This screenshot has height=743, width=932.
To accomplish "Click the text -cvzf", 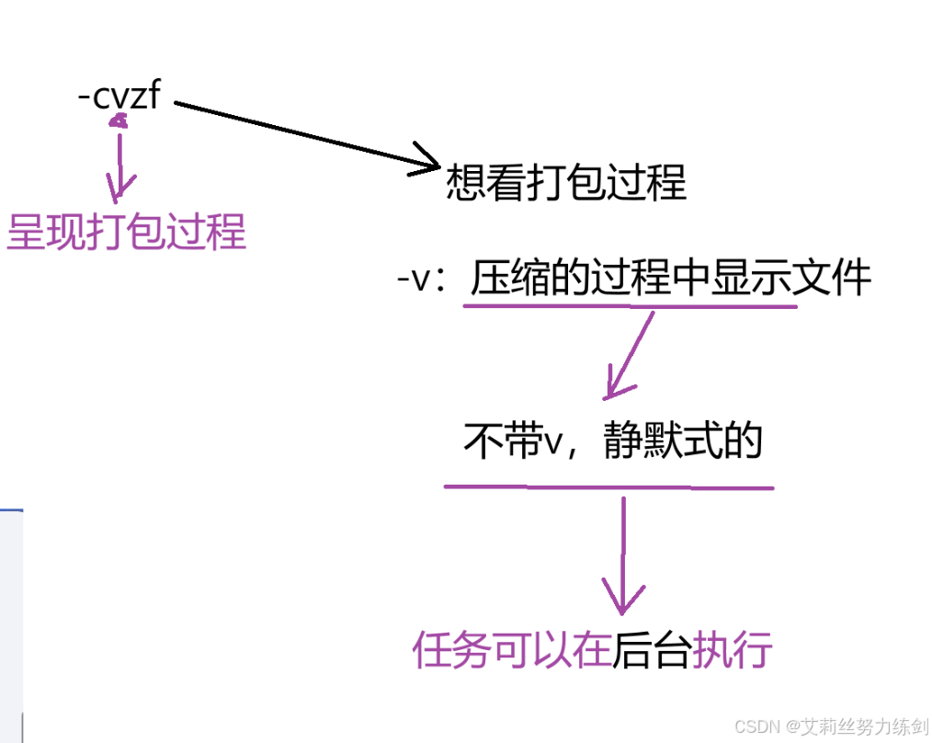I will pyautogui.click(x=119, y=95).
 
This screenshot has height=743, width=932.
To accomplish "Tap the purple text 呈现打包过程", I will pyautogui.click(x=126, y=233).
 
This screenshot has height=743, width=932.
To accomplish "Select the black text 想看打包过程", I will pyautogui.click(x=565, y=183).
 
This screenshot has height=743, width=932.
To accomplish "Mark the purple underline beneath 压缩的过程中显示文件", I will pyautogui.click(x=630, y=305).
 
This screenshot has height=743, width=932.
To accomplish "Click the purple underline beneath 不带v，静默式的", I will pyautogui.click(x=608, y=487).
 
